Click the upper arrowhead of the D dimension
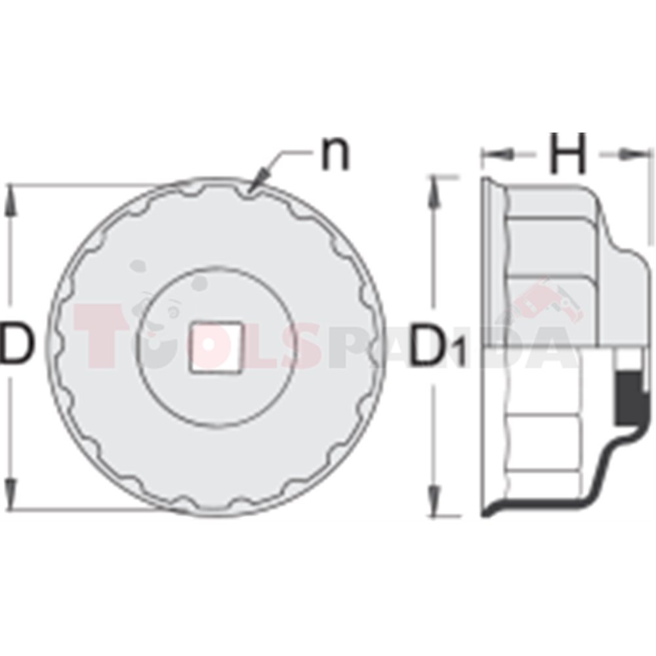click(11, 200)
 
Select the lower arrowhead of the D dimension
click(11, 494)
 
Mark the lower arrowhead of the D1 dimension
click(435, 501)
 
